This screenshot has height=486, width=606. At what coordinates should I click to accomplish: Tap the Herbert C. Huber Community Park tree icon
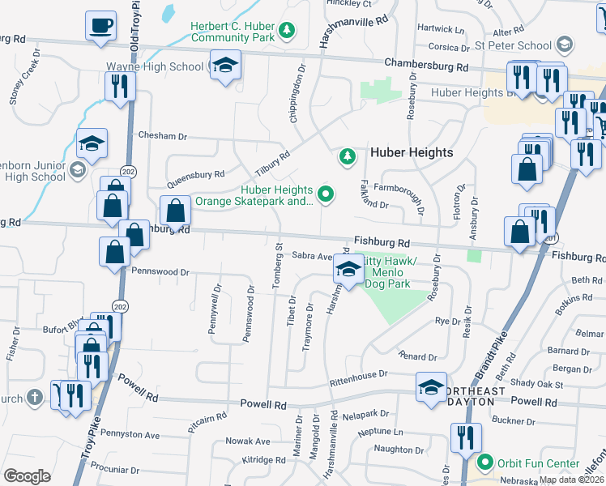point(286,31)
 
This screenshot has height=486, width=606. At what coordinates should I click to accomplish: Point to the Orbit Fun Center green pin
point(485,463)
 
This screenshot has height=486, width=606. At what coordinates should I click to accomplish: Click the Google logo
point(27,476)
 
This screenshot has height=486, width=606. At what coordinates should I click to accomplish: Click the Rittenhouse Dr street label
point(365,376)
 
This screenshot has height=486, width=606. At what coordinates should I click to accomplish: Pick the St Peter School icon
point(565,45)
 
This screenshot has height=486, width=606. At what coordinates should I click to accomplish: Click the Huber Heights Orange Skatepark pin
point(326,194)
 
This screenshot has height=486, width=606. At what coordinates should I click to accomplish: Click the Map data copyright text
point(571,480)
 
